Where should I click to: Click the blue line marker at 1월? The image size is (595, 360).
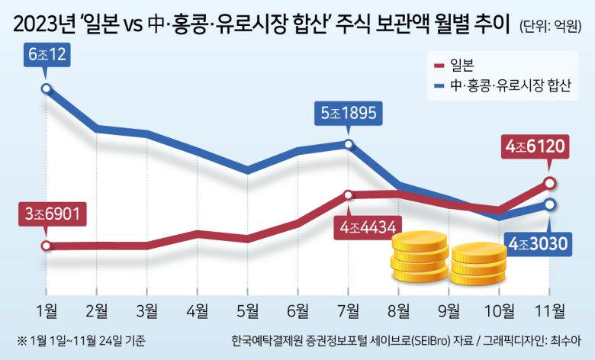click(x=47, y=89)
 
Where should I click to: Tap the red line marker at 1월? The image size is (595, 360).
click(x=47, y=246)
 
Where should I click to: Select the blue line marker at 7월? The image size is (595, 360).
click(x=348, y=143)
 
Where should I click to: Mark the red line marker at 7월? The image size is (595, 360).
click(x=348, y=194)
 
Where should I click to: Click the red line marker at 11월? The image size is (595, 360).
click(x=551, y=182)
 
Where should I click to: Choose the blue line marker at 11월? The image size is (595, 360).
click(x=551, y=204)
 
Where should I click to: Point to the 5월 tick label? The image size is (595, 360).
click(x=247, y=310)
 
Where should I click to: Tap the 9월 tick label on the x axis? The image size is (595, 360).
click(x=449, y=310)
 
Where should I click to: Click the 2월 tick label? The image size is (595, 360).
click(x=96, y=310)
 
